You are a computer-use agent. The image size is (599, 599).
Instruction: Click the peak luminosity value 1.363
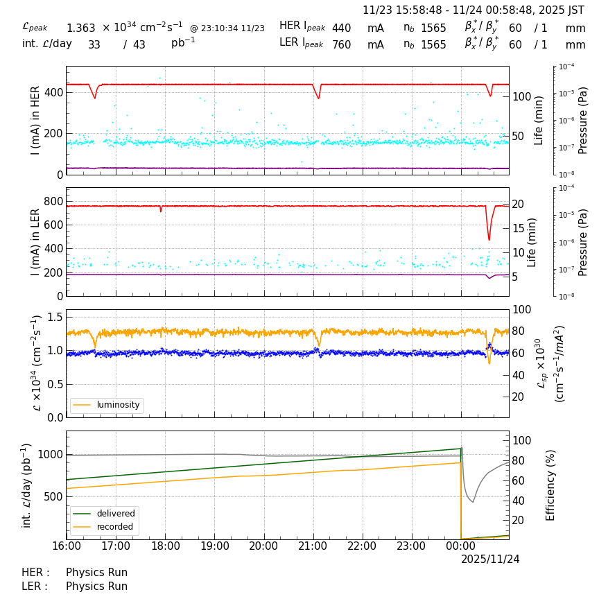(x=80, y=28)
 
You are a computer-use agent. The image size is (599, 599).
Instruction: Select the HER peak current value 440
(x=341, y=28)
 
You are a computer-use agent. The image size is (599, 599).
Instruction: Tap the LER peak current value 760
(x=341, y=45)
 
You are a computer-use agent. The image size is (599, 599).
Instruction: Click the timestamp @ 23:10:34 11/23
(x=227, y=28)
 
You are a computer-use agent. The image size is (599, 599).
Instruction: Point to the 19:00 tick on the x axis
(x=215, y=546)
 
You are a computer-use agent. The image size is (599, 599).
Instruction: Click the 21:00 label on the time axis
(x=313, y=546)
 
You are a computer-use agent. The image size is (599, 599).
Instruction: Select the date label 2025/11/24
(x=490, y=559)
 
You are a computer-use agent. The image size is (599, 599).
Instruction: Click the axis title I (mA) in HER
(x=35, y=120)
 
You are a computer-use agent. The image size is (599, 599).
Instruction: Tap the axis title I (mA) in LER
(x=35, y=242)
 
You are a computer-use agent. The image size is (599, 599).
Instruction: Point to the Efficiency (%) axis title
(x=551, y=485)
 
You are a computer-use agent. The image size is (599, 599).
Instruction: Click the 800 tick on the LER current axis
(x=53, y=201)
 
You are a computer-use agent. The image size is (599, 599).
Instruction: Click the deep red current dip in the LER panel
(x=489, y=239)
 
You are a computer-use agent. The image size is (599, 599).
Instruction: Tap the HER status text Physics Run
(x=96, y=573)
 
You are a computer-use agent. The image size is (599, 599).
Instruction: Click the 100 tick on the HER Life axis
(x=521, y=96)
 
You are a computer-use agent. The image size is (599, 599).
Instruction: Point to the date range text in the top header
(x=474, y=10)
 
